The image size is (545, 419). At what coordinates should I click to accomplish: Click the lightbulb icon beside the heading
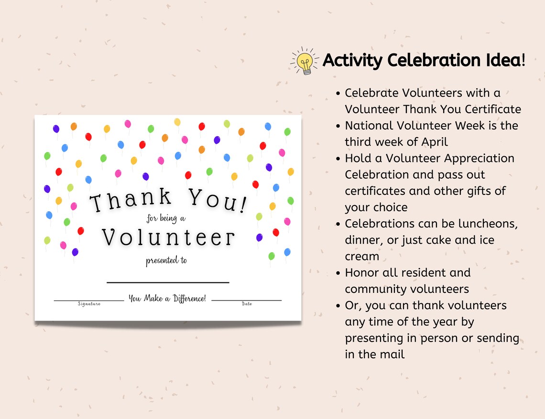tap(305, 61)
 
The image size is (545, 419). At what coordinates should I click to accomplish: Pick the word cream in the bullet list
tap(362, 256)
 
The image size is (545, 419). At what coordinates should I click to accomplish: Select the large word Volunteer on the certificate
tap(168, 236)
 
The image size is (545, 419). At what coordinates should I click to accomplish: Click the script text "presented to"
tap(166, 261)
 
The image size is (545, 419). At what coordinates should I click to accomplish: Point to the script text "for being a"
tap(165, 219)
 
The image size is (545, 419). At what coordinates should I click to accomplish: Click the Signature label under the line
tap(89, 304)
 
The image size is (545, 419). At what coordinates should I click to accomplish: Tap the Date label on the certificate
tap(247, 304)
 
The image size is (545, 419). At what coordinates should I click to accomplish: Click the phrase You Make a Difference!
tap(167, 299)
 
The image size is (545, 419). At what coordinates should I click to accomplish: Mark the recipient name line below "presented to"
tap(168, 282)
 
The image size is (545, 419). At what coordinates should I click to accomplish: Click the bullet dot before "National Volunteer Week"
tap(338, 126)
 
